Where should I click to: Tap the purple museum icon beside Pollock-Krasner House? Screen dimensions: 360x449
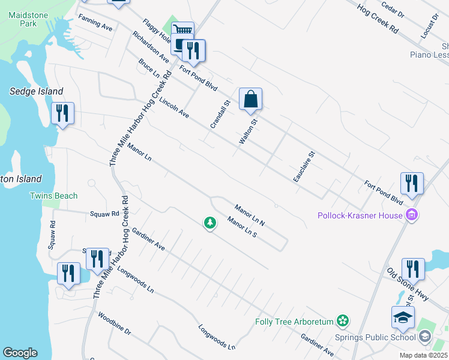pyautogui.click(x=411, y=214)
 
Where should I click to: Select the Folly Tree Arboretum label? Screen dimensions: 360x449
pyautogui.click(x=294, y=322)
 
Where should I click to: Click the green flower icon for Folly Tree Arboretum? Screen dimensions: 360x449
pyautogui.click(x=342, y=322)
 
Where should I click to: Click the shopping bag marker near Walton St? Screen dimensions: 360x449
pyautogui.click(x=250, y=100)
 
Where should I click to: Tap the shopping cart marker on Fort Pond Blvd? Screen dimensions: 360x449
pyautogui.click(x=182, y=29)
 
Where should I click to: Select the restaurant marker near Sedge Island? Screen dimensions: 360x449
pyautogui.click(x=62, y=113)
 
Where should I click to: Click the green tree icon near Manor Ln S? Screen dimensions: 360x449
pyautogui.click(x=209, y=224)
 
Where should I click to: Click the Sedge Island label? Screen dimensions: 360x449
pyautogui.click(x=36, y=91)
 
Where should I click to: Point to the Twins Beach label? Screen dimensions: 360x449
pyautogui.click(x=54, y=196)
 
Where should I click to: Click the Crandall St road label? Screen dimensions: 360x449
pyautogui.click(x=220, y=113)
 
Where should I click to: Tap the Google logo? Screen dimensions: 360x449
pyautogui.click(x=20, y=353)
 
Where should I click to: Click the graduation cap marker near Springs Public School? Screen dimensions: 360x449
pyautogui.click(x=403, y=317)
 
